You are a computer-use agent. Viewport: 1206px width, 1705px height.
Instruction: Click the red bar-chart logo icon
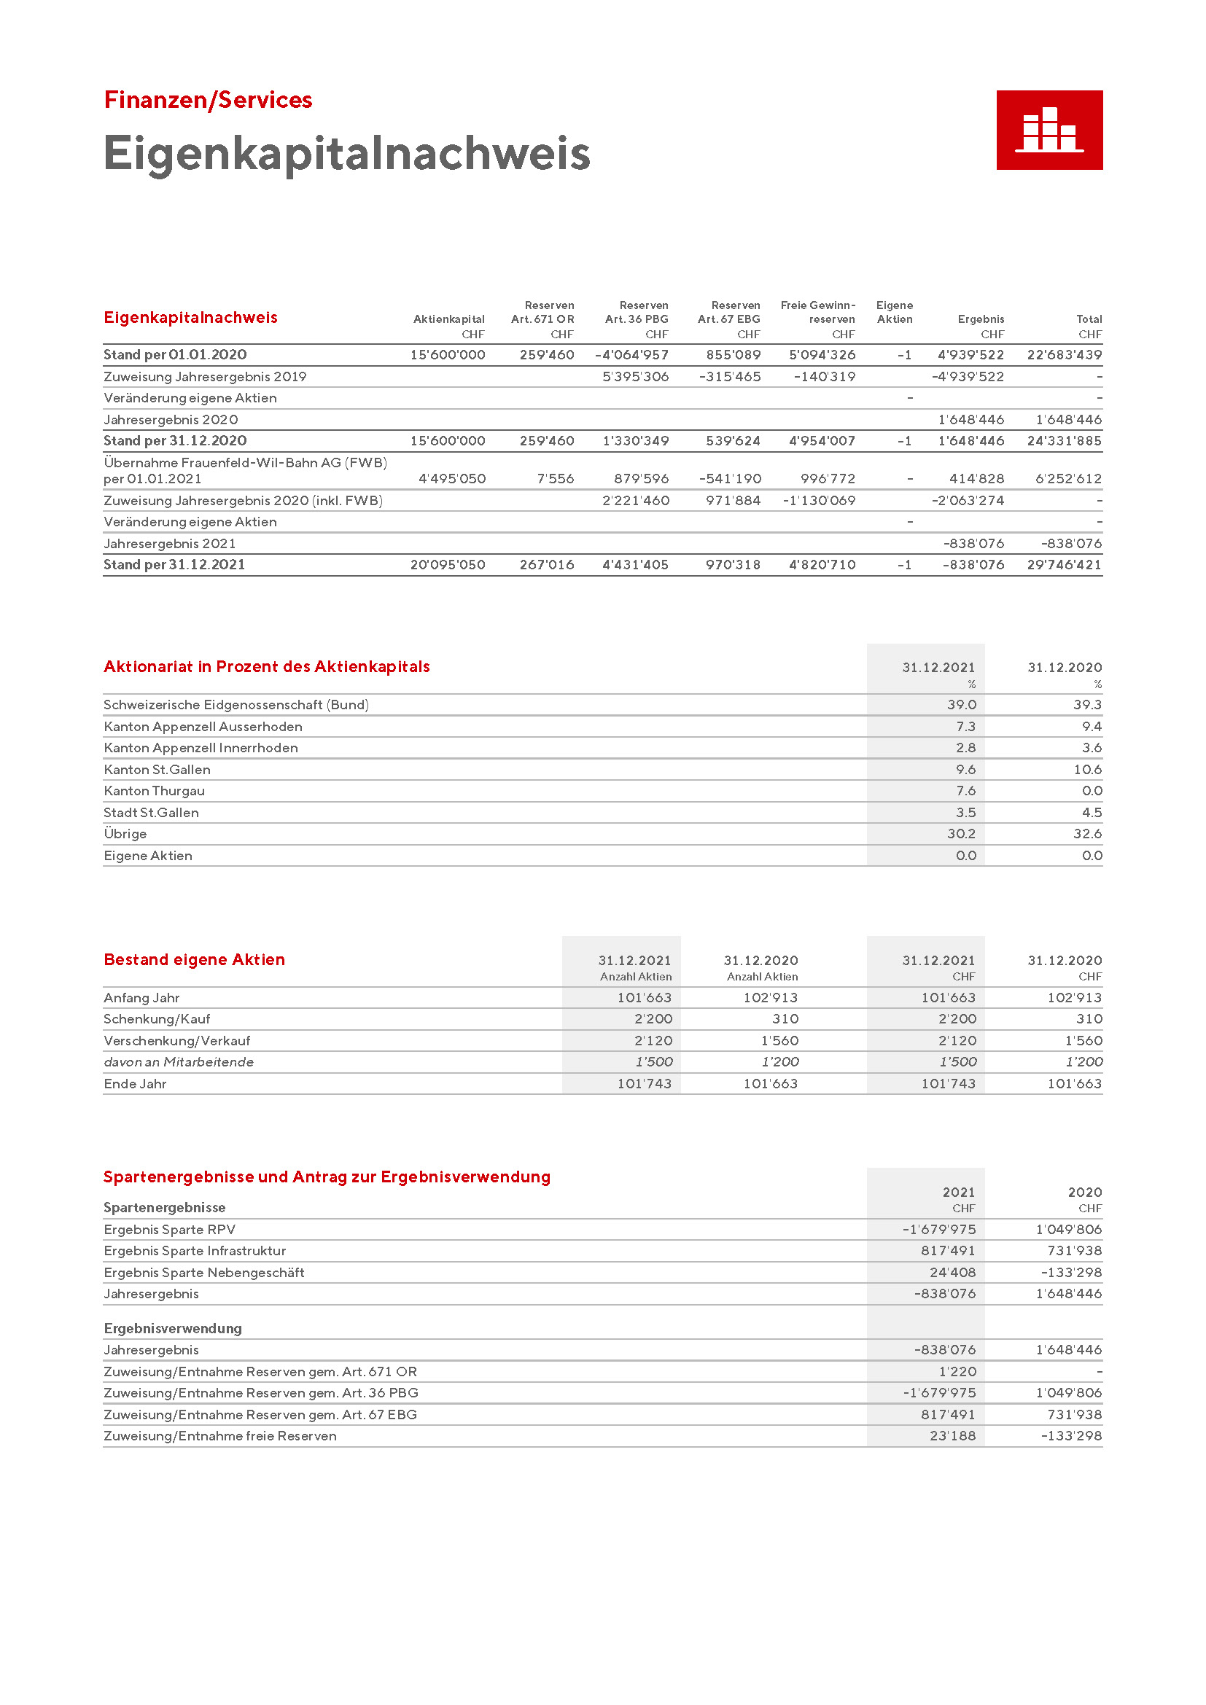[1049, 130]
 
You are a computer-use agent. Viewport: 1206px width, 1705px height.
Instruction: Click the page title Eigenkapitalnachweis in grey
[346, 154]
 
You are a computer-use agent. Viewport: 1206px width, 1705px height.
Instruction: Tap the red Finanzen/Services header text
[208, 101]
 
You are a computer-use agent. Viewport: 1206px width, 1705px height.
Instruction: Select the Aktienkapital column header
[448, 319]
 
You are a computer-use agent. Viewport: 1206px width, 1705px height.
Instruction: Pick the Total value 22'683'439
[1064, 355]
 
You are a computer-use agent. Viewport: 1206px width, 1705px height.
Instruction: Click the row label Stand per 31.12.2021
[174, 565]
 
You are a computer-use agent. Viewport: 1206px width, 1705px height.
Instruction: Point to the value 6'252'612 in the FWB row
[1069, 479]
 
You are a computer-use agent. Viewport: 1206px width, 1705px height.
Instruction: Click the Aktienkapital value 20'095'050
[448, 565]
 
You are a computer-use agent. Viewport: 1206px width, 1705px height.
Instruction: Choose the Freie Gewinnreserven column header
[817, 313]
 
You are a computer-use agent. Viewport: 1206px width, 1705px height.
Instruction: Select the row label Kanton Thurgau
[155, 791]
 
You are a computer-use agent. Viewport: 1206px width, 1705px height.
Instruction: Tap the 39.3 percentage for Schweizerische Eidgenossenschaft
[1087, 705]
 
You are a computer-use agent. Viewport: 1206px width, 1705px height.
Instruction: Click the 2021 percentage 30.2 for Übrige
[961, 834]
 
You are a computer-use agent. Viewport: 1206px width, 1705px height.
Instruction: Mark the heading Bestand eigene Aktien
[195, 959]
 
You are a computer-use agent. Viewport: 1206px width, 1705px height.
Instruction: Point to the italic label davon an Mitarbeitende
[179, 1062]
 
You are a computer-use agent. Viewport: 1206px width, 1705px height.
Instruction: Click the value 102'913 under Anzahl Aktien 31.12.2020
[771, 998]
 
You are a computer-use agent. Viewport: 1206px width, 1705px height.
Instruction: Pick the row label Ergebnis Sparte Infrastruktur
[195, 1251]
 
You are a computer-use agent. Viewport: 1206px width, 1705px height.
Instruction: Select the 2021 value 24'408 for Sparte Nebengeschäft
[953, 1272]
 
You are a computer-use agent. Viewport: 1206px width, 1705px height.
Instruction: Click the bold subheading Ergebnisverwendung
[173, 1327]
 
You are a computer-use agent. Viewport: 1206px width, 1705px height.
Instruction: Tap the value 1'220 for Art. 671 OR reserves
[957, 1372]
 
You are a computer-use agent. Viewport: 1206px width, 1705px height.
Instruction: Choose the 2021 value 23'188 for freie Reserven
[953, 1435]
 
